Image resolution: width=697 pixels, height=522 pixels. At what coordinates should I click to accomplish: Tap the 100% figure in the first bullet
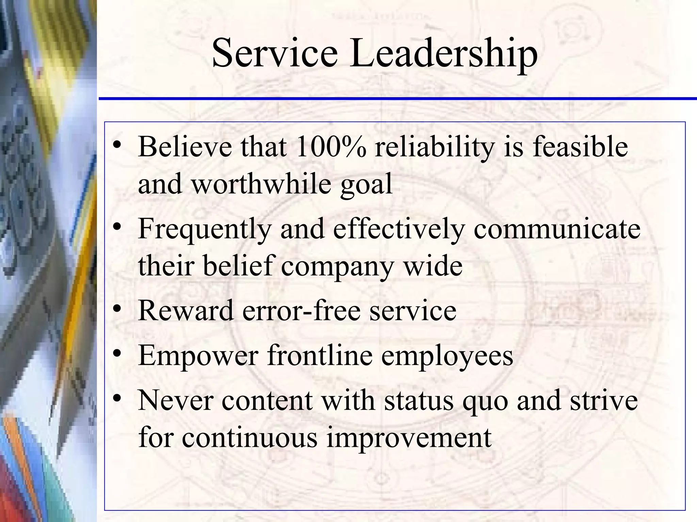(330, 146)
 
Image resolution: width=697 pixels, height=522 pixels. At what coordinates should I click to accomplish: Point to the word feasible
(580, 146)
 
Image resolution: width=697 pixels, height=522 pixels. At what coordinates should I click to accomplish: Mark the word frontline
(320, 355)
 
